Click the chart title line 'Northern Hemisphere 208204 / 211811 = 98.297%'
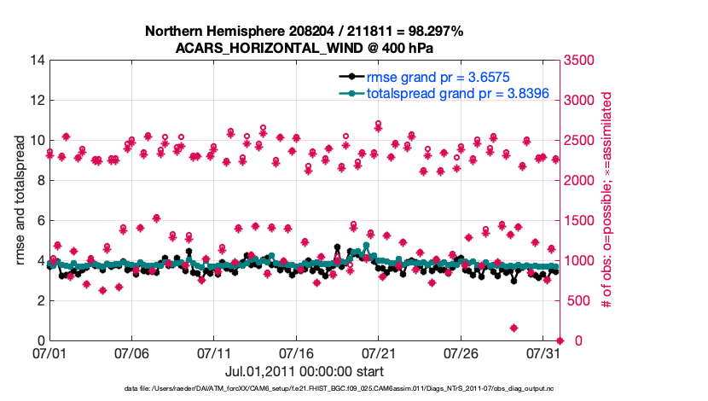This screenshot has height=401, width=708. (305, 32)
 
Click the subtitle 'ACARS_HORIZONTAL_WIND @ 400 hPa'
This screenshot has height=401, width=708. (305, 48)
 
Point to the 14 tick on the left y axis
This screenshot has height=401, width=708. (35, 61)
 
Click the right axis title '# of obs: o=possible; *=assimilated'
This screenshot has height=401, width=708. (608, 200)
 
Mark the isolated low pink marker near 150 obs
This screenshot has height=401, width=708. (514, 328)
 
